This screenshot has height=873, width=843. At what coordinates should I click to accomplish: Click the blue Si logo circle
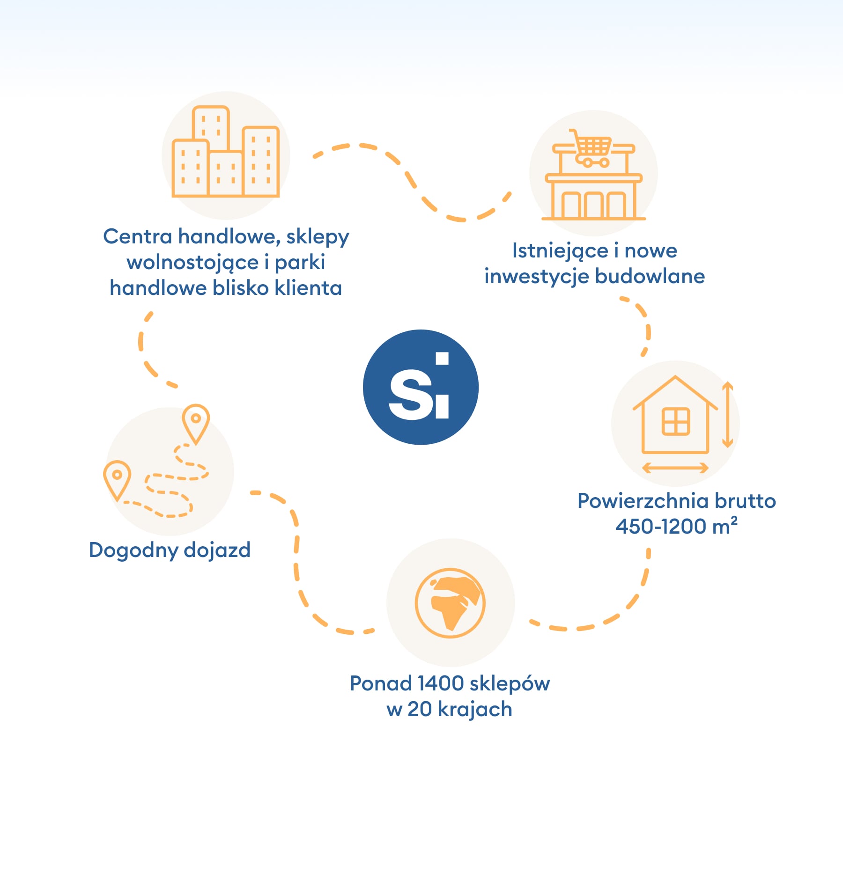pyautogui.click(x=421, y=387)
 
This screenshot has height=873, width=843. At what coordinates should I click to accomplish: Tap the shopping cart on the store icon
pyautogui.click(x=591, y=148)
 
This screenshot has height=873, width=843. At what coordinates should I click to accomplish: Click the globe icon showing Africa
pyautogui.click(x=450, y=603)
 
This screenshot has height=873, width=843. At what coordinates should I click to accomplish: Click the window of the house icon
pyautogui.click(x=675, y=421)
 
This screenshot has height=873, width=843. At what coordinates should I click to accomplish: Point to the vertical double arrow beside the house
pyautogui.click(x=727, y=414)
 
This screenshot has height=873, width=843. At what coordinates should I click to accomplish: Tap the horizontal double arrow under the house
pyautogui.click(x=675, y=467)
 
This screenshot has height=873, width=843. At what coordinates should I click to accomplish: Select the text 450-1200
pyautogui.click(x=661, y=527)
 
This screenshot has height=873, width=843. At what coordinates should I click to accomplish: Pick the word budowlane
pyautogui.click(x=650, y=276)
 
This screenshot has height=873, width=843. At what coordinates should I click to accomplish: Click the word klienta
pyautogui.click(x=308, y=288)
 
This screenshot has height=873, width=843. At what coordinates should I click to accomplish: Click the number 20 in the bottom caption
pyautogui.click(x=420, y=710)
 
